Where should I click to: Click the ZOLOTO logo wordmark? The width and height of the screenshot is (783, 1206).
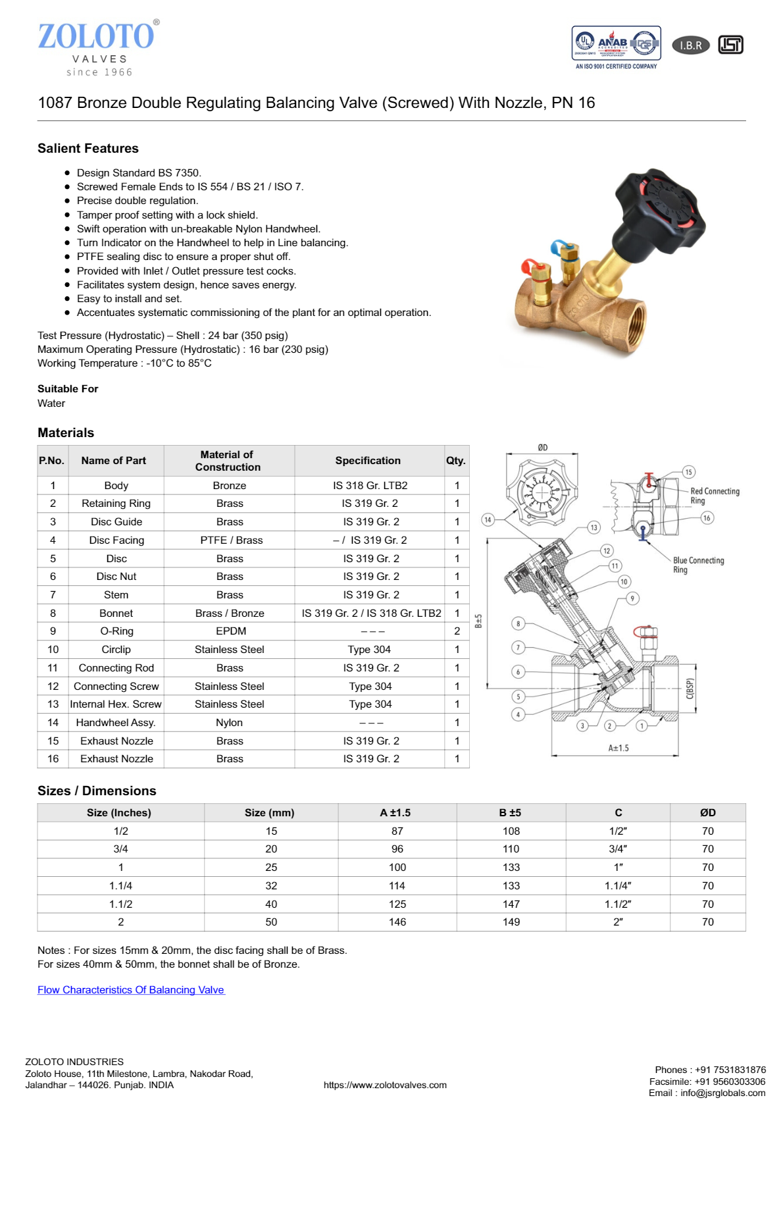[96, 37]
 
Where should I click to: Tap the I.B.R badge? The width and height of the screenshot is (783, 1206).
[690, 45]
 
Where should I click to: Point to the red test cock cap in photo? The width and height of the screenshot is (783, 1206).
[528, 266]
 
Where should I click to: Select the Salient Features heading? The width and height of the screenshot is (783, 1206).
[88, 148]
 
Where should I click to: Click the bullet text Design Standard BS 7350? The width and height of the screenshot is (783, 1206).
[139, 172]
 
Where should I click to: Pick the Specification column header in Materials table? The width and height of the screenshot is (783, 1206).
[368, 461]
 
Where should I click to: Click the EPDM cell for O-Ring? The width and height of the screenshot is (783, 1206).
[230, 631]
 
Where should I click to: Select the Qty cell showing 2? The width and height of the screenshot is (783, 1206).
[457, 631]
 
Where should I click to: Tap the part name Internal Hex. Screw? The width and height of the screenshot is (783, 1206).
[116, 704]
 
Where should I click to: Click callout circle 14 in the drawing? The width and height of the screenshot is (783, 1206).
[488, 519]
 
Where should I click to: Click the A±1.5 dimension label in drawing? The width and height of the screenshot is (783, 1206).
[618, 748]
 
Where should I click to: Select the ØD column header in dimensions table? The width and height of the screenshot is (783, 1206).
[707, 812]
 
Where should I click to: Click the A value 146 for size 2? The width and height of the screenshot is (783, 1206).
[397, 922]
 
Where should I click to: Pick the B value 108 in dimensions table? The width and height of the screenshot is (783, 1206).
[511, 831]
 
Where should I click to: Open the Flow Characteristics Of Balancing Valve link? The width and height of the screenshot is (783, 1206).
[131, 989]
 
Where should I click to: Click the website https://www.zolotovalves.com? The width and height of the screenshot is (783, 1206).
[385, 1085]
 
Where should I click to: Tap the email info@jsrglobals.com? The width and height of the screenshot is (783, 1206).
[722, 1093]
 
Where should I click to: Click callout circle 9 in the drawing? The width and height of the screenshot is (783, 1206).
[632, 598]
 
